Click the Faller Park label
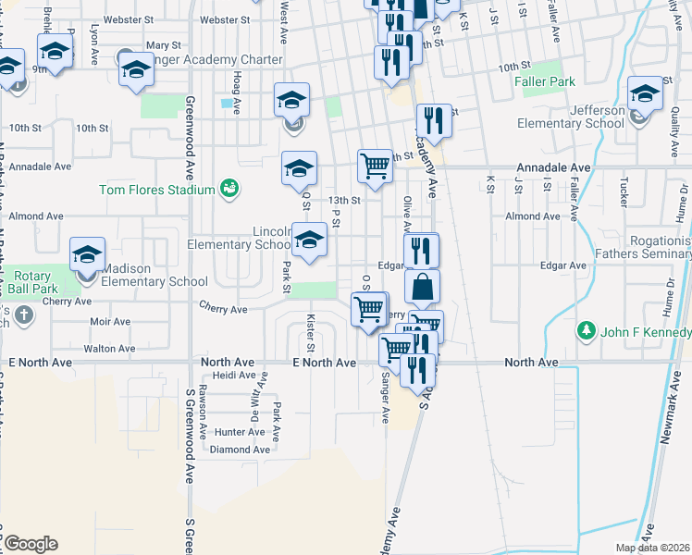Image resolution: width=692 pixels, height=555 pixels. coord(545,81)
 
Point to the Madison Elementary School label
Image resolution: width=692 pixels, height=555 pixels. coord(154,281)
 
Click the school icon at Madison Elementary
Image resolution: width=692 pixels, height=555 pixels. coord(88,254)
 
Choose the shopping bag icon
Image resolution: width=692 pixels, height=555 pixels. coord(422,287)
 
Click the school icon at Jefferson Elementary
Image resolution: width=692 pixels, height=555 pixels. coord(645,93)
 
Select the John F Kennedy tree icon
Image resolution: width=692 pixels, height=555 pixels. coord(585,330)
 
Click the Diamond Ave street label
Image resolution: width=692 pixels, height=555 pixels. coord(240,450)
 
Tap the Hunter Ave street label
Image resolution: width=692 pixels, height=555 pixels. coord(239,432)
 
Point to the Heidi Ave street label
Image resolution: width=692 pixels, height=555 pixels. coord(233,375)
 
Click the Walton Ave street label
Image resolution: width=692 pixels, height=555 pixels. coord(109,349)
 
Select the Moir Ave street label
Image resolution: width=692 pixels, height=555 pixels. coord(110,322)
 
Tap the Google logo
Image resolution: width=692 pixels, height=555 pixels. coord(31,544)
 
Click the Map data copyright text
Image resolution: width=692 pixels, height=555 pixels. coord(652,548)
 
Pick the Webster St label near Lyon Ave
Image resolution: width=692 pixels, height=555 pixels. coord(128,18)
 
